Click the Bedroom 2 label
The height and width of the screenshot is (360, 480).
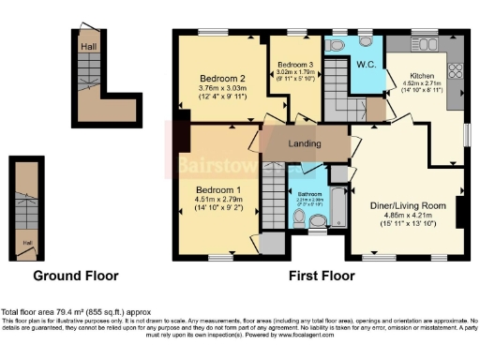[x=222, y=78]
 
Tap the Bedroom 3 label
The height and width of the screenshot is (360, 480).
[x=295, y=62]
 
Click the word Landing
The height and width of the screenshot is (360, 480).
[x=306, y=144]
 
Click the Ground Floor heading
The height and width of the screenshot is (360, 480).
[x=76, y=277]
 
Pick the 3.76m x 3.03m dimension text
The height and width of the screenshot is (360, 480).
[x=222, y=89]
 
